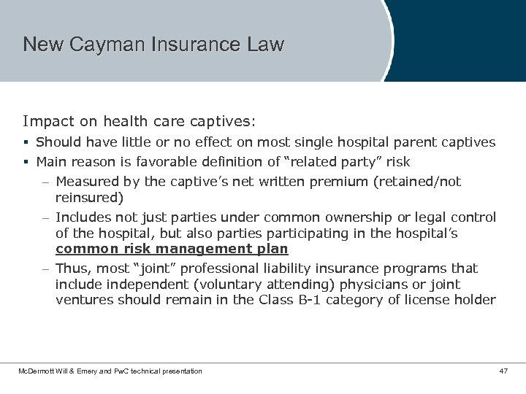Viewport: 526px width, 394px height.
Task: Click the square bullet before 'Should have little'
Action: tap(26, 143)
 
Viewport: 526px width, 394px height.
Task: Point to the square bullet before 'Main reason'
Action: tap(26, 162)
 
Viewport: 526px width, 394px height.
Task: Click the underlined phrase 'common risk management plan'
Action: tap(172, 249)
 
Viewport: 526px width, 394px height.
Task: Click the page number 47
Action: tap(503, 371)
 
